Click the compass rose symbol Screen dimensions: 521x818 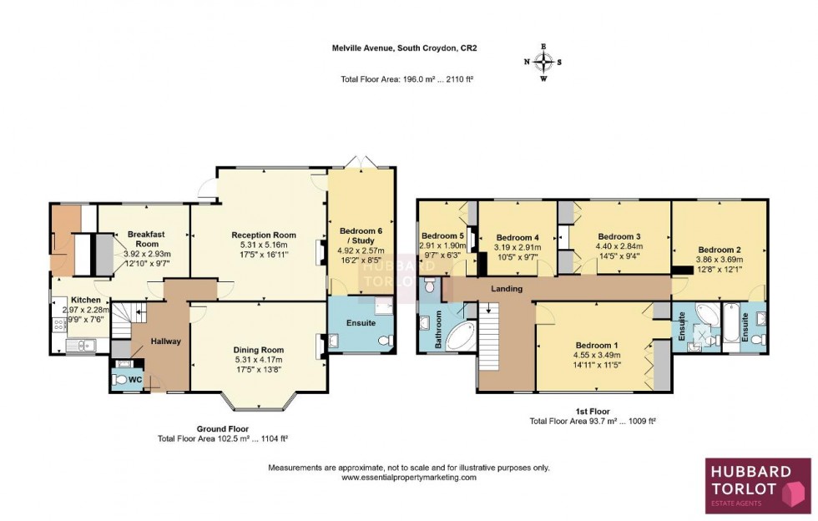[543, 62]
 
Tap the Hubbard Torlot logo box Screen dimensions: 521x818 [758, 485]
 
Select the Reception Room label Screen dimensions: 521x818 [264, 235]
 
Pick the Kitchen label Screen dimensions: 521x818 [85, 299]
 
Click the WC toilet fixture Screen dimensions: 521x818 [123, 380]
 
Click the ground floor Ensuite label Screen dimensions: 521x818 [360, 322]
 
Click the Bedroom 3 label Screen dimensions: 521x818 [619, 235]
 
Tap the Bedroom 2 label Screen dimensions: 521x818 [720, 250]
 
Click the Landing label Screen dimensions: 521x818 [507, 289]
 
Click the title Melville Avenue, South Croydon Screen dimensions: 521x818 [408, 48]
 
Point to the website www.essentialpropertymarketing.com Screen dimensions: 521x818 [408, 478]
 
